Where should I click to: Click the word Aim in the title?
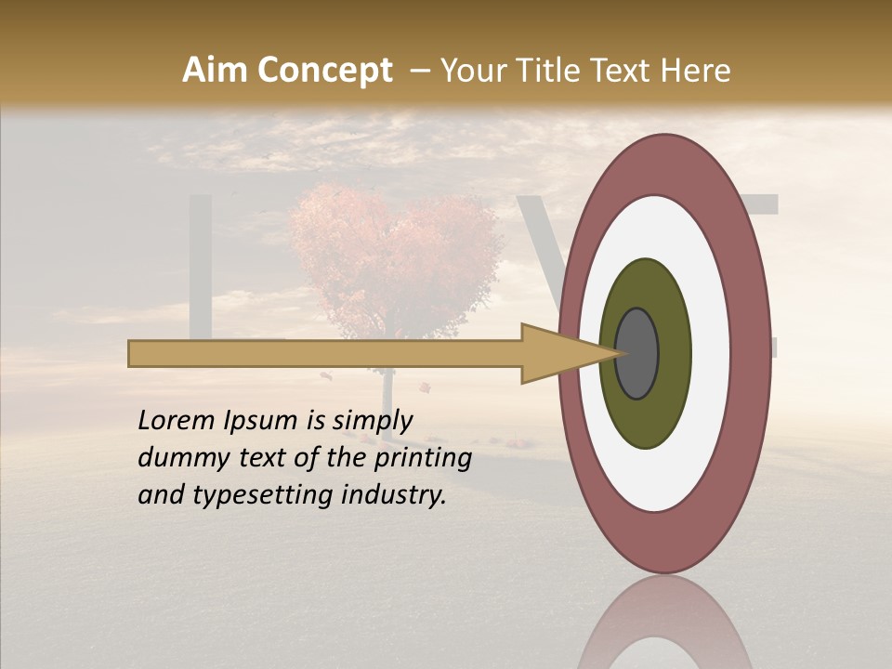(x=216, y=71)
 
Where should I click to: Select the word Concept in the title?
(x=325, y=71)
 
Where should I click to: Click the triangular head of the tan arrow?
(x=557, y=353)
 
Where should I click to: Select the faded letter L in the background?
(x=206, y=269)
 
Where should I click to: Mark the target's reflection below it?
(x=664, y=627)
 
